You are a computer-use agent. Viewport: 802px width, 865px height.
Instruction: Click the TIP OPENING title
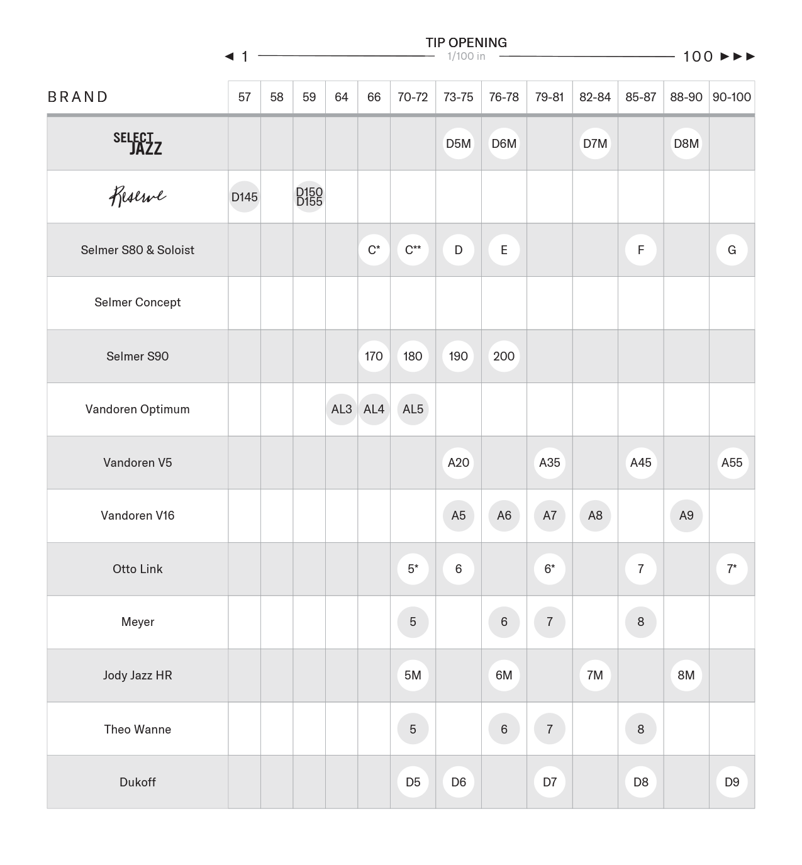466,43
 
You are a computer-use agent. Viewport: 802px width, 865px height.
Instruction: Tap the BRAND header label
78,97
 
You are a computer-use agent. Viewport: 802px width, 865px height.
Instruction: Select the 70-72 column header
413,97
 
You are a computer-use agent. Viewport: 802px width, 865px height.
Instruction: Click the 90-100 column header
732,97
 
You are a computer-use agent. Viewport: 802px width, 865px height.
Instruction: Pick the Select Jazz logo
138,143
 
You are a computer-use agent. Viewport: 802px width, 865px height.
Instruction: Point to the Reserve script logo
138,196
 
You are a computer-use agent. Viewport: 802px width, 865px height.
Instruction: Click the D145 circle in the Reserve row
244,197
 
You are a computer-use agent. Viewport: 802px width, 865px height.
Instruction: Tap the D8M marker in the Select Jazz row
686,143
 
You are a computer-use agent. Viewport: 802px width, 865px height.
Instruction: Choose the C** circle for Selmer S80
413,250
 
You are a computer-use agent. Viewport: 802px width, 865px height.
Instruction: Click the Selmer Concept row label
137,303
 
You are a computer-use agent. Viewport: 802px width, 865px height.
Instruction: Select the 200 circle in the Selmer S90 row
504,356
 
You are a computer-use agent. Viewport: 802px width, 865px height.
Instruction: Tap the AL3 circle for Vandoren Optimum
342,410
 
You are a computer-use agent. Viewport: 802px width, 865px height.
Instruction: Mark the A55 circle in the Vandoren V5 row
732,462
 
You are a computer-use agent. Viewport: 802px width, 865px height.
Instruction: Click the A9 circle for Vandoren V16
686,516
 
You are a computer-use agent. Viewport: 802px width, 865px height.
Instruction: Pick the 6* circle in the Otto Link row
549,569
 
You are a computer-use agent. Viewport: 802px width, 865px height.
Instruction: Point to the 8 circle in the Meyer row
640,622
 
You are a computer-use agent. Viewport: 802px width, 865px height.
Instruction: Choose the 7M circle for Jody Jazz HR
595,675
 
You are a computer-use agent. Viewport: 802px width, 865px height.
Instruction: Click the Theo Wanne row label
137,729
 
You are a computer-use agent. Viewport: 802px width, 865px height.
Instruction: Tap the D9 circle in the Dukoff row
732,782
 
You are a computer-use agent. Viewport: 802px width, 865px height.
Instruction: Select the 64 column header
342,97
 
